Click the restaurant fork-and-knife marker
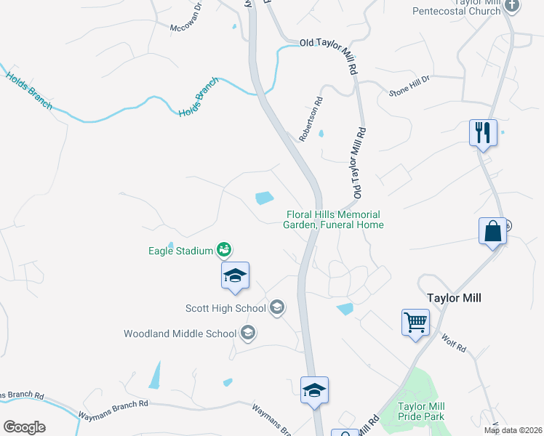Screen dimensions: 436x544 [483, 133]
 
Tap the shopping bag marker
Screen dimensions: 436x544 [492, 231]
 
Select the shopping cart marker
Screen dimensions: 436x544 [415, 322]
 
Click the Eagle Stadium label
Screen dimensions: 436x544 [180, 251]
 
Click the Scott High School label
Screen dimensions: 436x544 [226, 308]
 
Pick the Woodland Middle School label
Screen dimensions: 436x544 [180, 334]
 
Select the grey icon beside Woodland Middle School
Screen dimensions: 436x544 [247, 334]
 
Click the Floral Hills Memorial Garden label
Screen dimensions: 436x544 [333, 219]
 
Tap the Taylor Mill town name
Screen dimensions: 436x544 [455, 298]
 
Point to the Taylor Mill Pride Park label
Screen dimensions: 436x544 [421, 411]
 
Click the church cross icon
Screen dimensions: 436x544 [513, 7]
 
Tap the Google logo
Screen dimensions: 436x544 [24, 427]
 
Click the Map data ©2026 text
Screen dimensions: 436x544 [512, 430]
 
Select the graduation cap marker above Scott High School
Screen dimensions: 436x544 [235, 275]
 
